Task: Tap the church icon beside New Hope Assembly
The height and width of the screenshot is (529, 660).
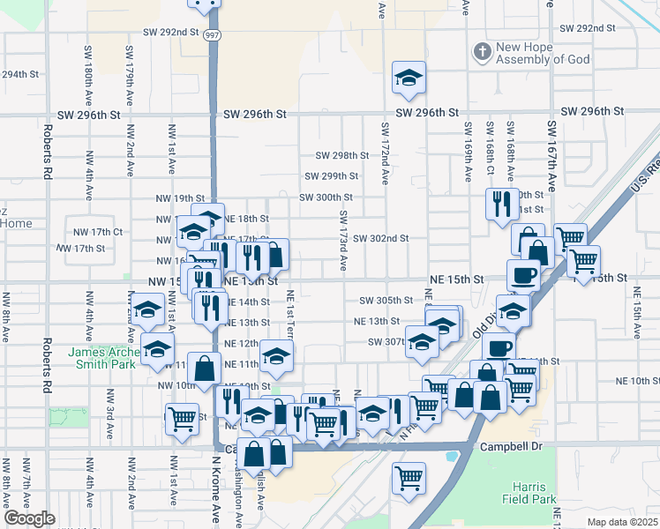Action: [x=481, y=51]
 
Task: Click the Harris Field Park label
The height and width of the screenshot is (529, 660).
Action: [x=532, y=493]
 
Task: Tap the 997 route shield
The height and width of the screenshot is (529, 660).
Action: [x=212, y=34]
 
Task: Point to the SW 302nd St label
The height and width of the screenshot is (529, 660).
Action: [x=381, y=238]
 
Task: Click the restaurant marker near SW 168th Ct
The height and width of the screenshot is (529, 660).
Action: [x=501, y=204]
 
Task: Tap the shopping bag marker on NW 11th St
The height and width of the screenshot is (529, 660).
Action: [x=204, y=368]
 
